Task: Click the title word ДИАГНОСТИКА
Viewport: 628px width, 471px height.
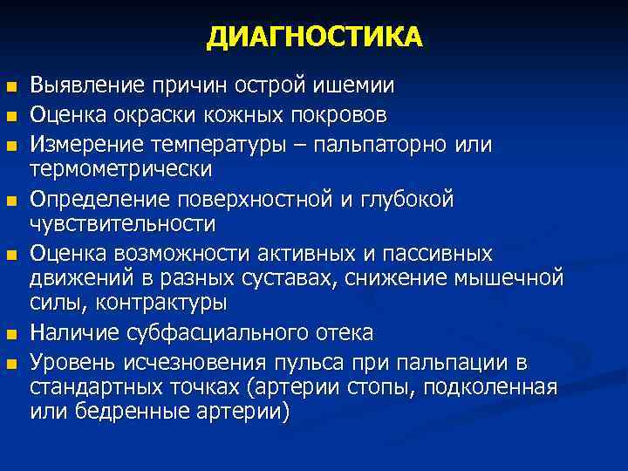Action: [314, 38]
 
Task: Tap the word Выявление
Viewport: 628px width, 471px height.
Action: [87, 86]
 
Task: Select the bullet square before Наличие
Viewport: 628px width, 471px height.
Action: [11, 334]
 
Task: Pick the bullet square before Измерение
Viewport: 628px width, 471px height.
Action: [11, 144]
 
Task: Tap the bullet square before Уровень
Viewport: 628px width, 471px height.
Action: [11, 363]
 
